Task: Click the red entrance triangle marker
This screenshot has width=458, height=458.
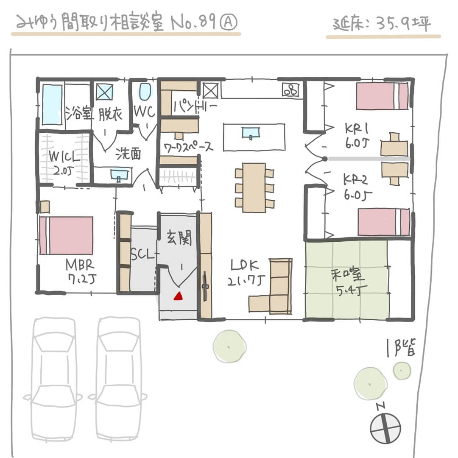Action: (179, 296)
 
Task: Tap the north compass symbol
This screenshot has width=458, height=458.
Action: (385, 427)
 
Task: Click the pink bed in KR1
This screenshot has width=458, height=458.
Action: (382, 96)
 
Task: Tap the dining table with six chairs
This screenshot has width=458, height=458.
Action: (254, 187)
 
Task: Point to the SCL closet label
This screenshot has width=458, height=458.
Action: (143, 254)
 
